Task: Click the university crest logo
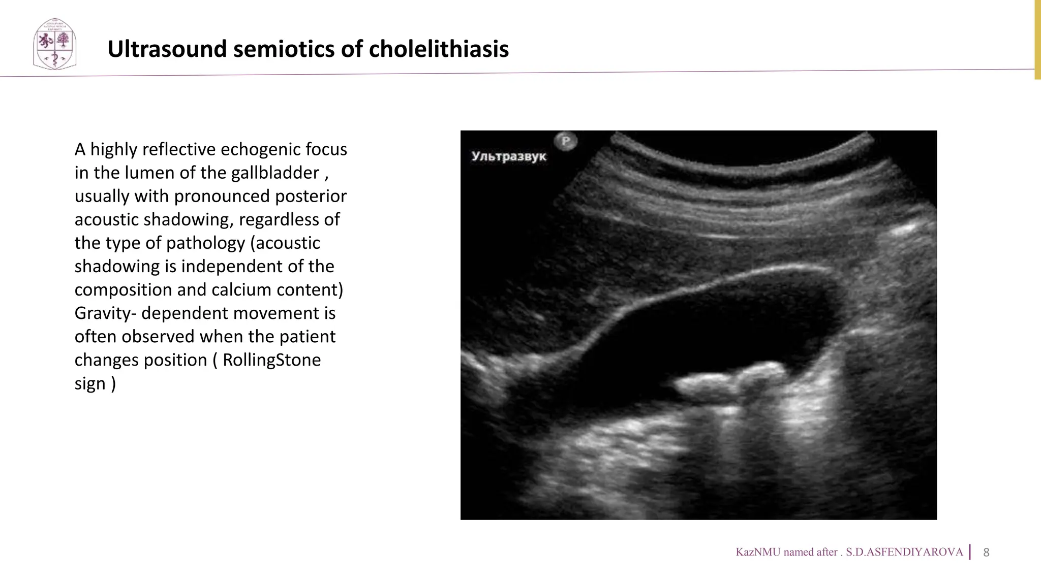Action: pos(54,45)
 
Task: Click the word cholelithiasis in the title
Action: pos(439,49)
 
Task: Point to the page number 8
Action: pos(986,552)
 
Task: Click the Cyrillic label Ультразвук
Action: pos(509,156)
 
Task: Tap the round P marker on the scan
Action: pos(566,141)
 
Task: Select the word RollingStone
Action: pos(271,360)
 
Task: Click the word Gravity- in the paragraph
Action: pos(105,313)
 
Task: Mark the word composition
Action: pos(123,290)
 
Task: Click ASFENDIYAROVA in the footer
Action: pos(904,552)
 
